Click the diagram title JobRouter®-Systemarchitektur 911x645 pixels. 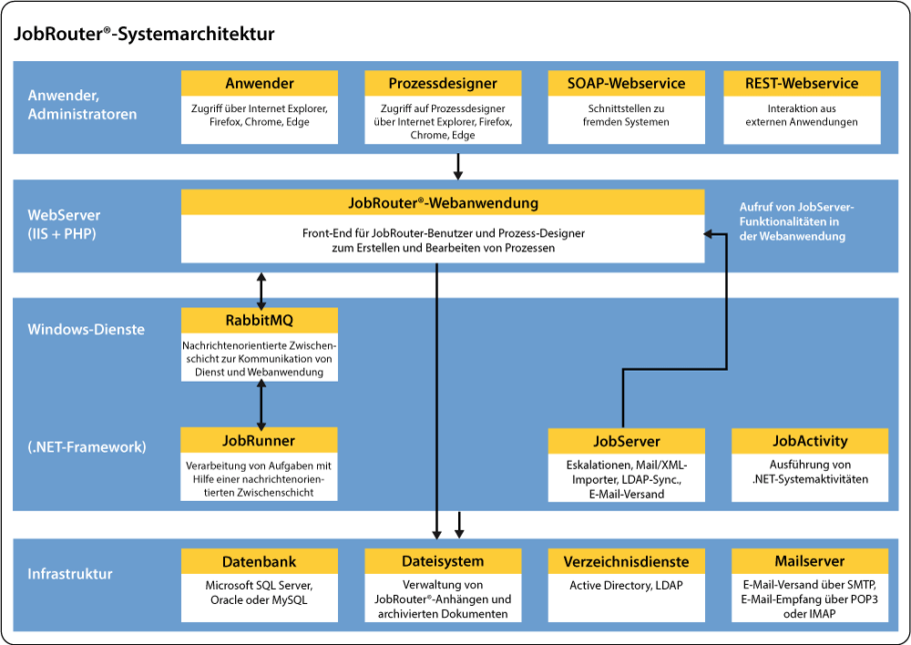143,35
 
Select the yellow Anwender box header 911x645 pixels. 260,84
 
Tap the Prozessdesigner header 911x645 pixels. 443,84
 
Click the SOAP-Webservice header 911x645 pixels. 626,84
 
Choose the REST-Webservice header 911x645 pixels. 803,84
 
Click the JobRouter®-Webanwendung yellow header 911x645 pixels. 443,202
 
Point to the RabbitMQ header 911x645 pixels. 260,320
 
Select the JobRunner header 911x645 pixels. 260,441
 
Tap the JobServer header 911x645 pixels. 626,441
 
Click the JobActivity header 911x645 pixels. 810,441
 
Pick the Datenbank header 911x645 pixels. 260,561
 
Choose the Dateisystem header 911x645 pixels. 443,561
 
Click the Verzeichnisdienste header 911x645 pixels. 626,561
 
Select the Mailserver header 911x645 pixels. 810,561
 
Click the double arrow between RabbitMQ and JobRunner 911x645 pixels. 262,404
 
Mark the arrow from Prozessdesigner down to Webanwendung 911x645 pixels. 458,165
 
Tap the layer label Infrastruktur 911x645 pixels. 70,574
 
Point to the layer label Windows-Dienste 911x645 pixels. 86,329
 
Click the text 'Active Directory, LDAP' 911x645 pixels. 626,586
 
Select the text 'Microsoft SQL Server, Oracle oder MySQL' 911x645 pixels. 260,593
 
